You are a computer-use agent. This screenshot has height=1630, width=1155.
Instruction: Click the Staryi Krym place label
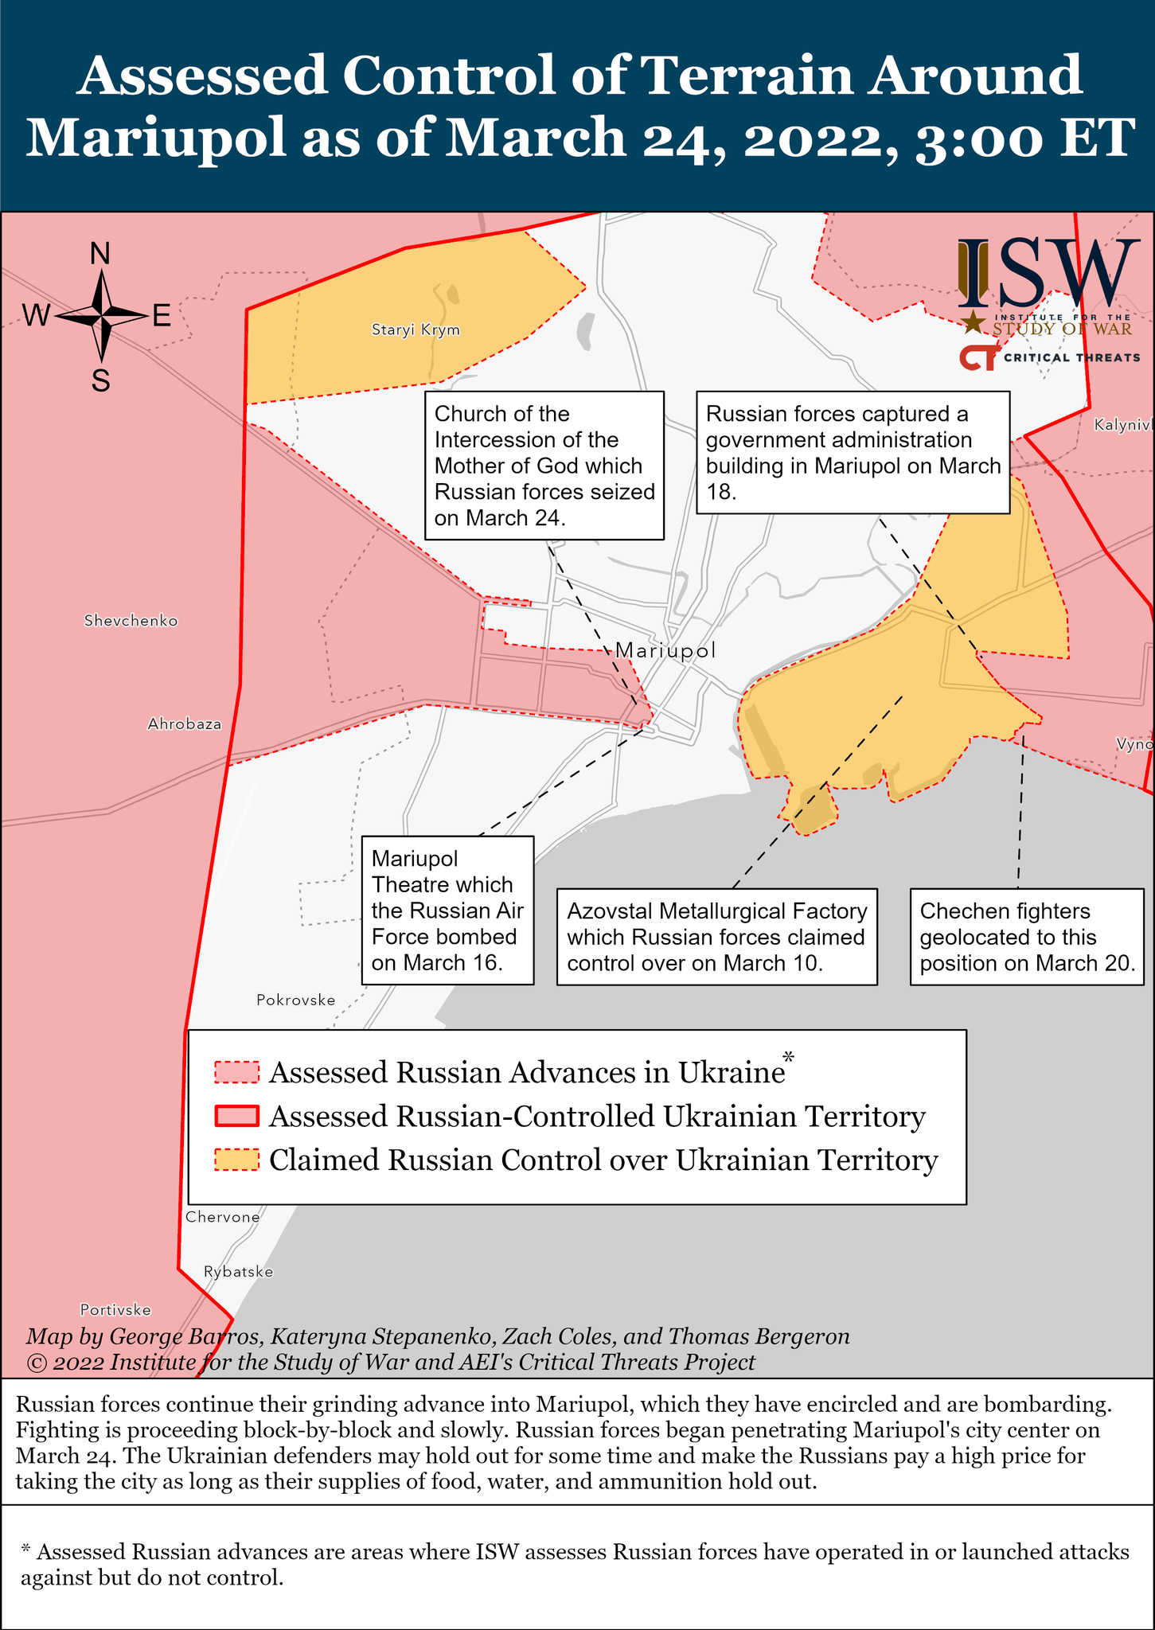pos(416,330)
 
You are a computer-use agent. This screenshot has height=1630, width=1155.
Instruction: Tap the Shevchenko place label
pos(131,621)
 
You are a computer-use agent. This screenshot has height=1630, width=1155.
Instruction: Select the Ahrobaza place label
pos(184,724)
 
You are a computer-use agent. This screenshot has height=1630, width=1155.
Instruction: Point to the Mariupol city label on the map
pos(665,650)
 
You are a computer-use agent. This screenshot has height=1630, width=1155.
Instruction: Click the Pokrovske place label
pos(295,1000)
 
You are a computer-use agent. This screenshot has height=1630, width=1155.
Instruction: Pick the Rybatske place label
pos(238,1272)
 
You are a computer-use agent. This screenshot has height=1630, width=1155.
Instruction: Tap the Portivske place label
pos(115,1310)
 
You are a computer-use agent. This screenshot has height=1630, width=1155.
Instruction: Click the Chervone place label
pos(222,1217)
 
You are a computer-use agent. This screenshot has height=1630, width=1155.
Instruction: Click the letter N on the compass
pos(100,254)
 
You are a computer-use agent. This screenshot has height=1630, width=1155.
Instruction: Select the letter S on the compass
pos(100,382)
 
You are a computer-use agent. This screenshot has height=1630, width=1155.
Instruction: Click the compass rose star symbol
pos(102,317)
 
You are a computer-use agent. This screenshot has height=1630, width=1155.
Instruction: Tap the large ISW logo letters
pos(1047,275)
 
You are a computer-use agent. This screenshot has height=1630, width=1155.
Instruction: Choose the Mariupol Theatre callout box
pos(447,911)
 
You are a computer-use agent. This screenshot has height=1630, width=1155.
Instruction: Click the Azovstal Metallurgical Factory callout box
pos(716,937)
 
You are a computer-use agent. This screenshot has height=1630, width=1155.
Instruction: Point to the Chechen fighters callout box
pos(1027,937)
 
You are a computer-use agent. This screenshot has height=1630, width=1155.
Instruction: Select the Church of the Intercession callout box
pos(544,466)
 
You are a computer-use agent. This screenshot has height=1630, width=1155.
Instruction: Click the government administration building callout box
pos(853,452)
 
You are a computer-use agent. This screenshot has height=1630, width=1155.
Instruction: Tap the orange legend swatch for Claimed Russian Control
pos(236,1160)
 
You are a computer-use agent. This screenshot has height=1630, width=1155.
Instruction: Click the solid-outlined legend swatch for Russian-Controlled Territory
pos(236,1117)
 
